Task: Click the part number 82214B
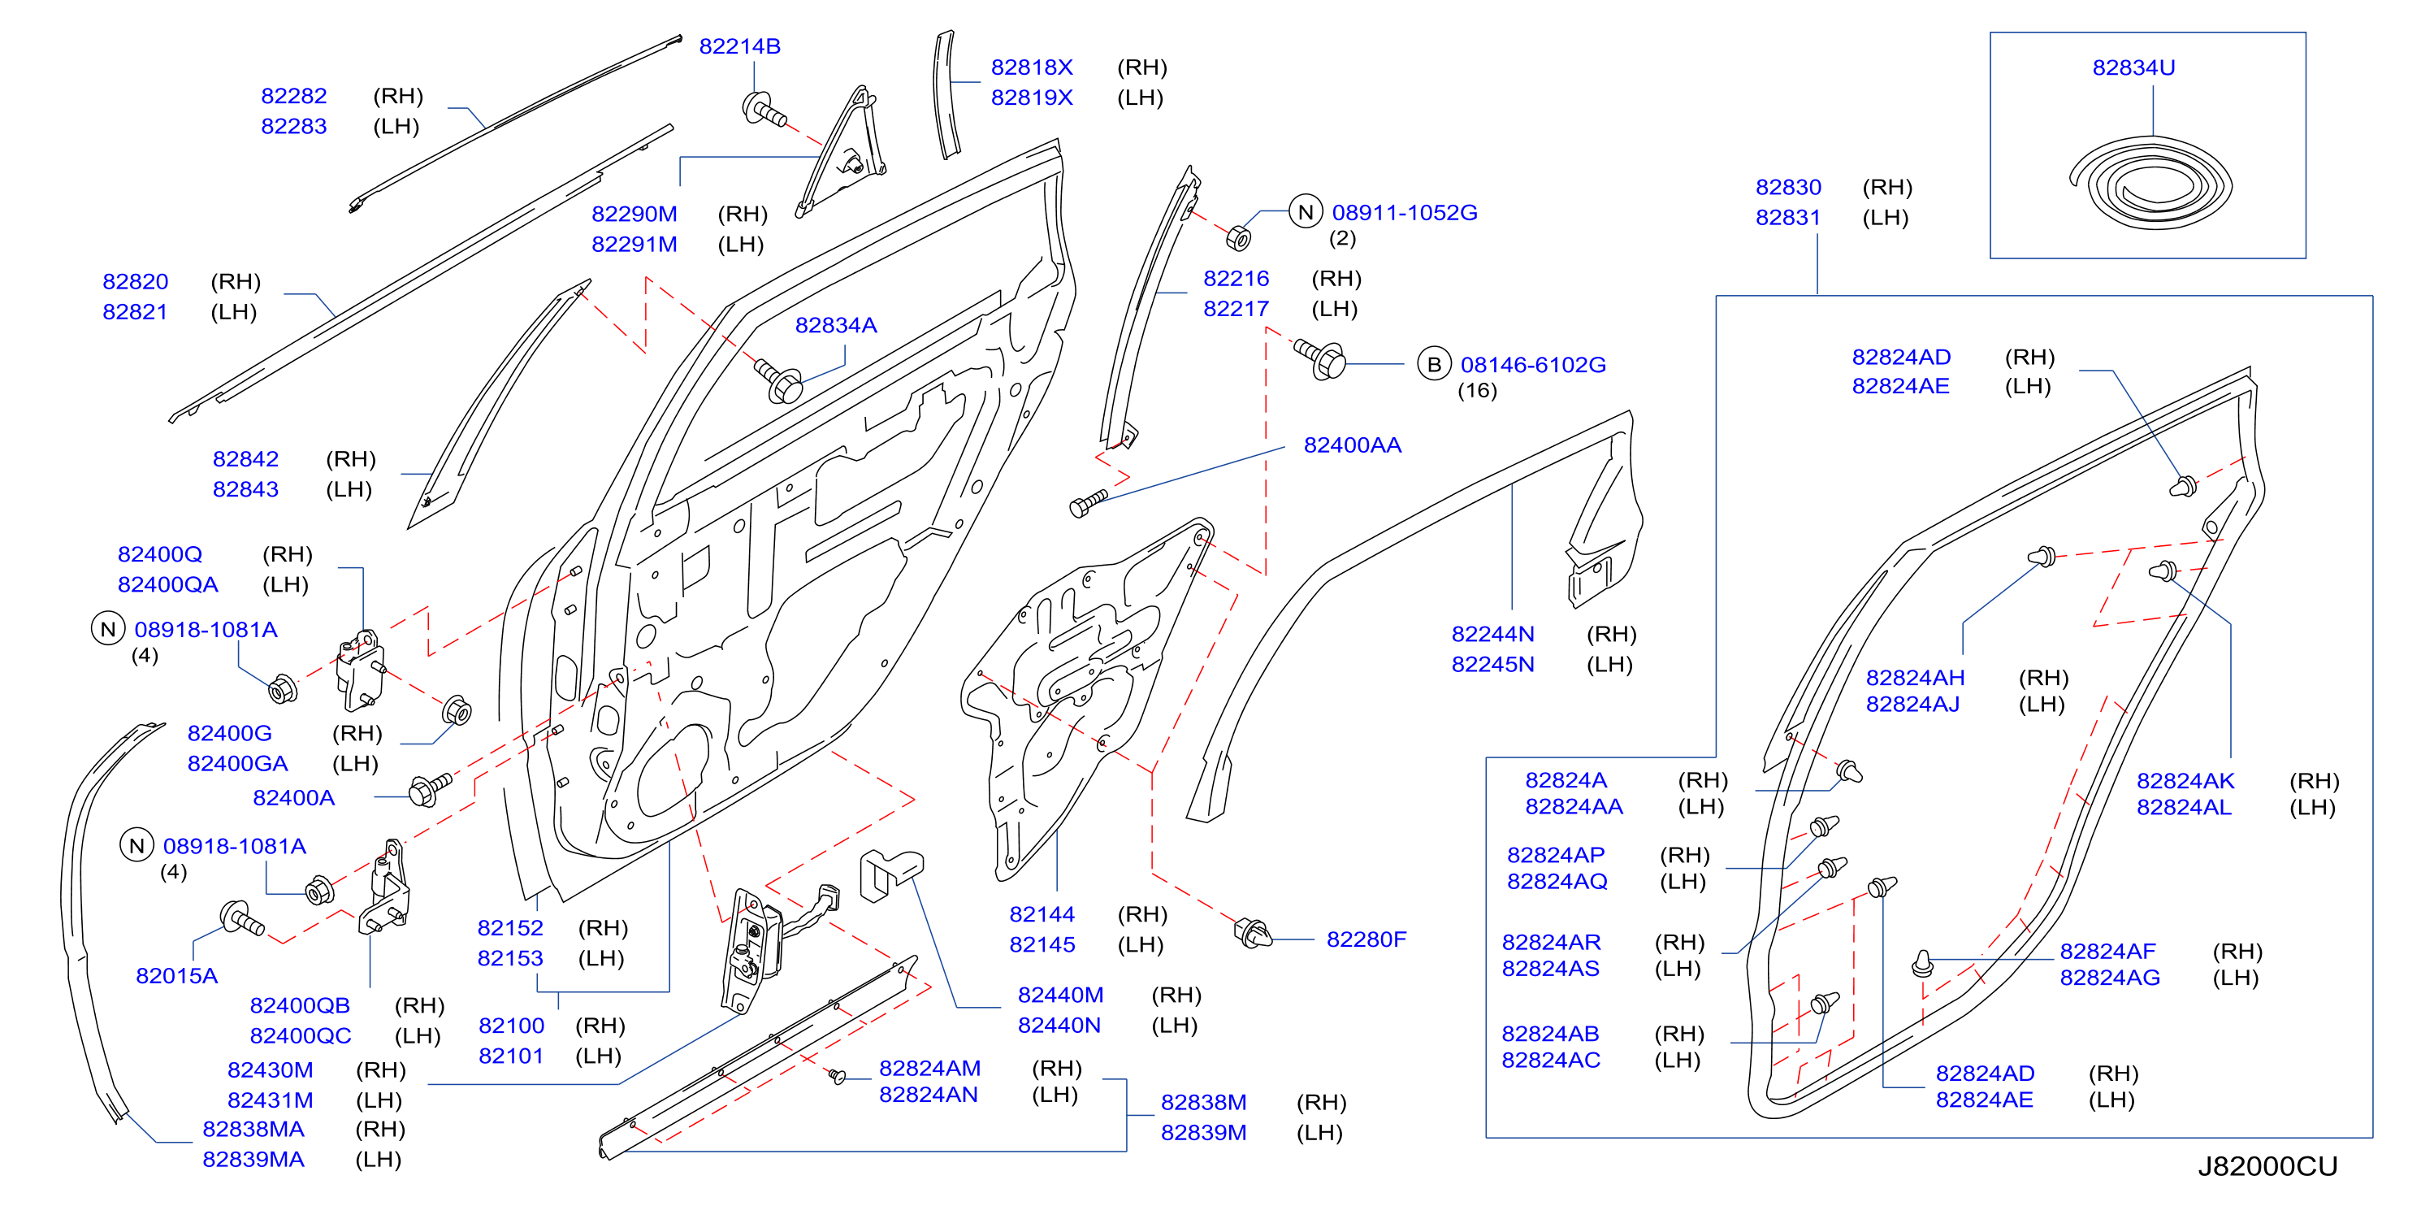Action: coord(740,46)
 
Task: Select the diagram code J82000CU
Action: coord(2267,1166)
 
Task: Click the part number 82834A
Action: coord(836,325)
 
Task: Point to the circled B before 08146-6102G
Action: coord(1435,364)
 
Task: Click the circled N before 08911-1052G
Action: coord(1306,212)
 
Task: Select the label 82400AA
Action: coord(1352,445)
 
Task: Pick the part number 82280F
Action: coord(1366,939)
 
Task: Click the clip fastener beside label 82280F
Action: coord(1253,934)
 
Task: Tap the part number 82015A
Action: coord(176,976)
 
